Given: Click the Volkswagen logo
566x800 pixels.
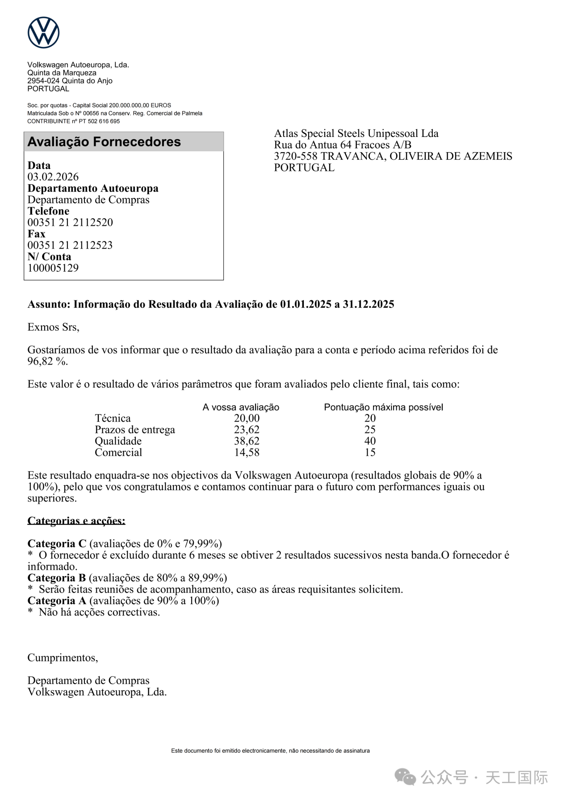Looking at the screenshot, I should coord(43,33).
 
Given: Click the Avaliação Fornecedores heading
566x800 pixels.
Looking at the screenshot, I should coord(104,142).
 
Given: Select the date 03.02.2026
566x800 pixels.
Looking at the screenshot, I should coord(53,177).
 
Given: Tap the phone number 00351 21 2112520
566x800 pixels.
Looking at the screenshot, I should coord(70,222).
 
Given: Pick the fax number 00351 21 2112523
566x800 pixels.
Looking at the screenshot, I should coord(70,245).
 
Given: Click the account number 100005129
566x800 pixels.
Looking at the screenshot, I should coord(53,268).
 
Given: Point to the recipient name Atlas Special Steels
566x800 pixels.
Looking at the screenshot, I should coord(356,133).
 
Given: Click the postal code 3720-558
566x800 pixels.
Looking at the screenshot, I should coord(296,156).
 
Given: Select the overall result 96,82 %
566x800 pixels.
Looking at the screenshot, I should coord(47,361).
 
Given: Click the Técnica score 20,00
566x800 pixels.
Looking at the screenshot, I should coord(247,418).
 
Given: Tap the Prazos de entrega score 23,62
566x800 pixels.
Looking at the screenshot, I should coord(247,430).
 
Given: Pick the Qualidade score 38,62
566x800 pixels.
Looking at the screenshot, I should coord(247,441).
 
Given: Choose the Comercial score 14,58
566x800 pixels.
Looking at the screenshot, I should coord(247,452).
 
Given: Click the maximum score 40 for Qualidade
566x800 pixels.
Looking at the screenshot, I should coord(370,441).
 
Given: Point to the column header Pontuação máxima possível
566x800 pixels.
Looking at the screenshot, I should coord(383,407).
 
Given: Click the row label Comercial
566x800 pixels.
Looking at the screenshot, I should coord(118,452).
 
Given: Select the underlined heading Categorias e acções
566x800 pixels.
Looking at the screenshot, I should coord(76,521).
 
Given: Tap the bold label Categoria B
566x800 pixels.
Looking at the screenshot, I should coord(57,578).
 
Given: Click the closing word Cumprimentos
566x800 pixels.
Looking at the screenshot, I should coord(63,658).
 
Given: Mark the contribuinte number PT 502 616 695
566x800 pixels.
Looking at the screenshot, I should coord(99,121).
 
